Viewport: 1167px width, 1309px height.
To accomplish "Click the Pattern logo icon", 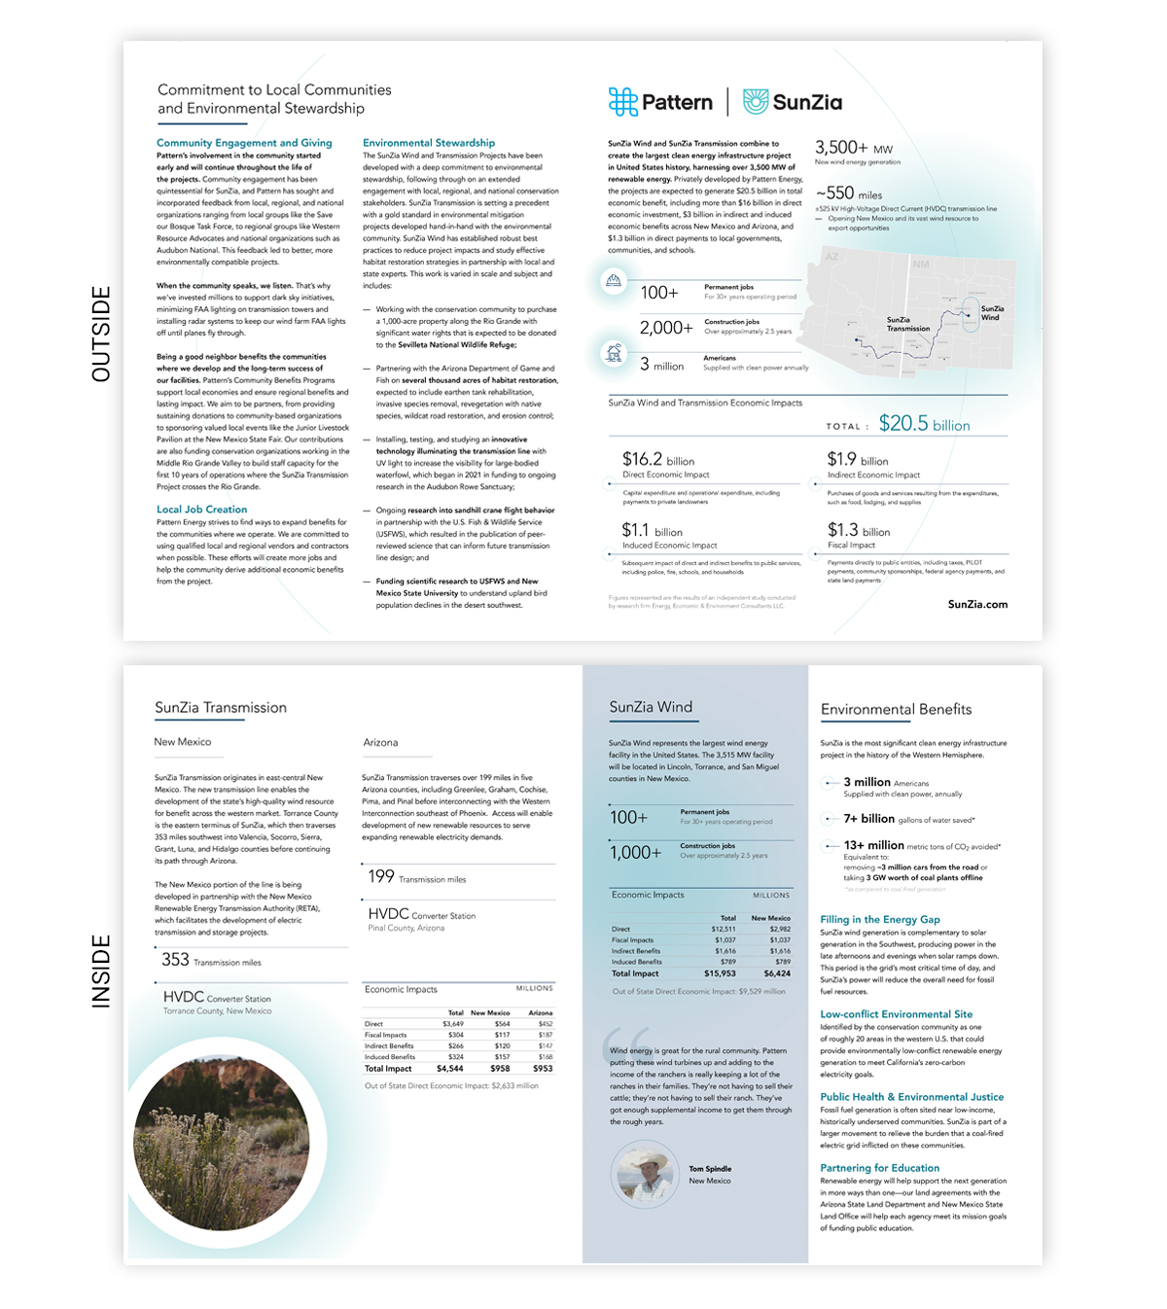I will [622, 101].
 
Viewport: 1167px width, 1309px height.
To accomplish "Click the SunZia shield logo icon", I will [756, 101].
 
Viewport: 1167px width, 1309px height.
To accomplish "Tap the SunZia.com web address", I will [977, 604].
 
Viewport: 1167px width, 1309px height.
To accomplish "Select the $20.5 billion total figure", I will [924, 424].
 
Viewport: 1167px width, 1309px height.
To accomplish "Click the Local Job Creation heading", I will [201, 510].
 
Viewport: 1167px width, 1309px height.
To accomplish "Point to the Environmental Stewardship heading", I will [429, 143].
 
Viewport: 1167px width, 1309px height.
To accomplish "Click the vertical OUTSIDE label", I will [101, 334].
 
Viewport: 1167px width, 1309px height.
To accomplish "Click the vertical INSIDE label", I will [101, 970].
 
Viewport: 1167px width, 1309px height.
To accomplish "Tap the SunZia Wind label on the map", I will [991, 313].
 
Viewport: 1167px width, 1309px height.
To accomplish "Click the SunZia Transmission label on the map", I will [907, 325].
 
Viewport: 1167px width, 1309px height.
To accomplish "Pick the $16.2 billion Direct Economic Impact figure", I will [658, 460].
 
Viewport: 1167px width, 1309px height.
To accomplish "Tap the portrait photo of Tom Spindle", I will [644, 1174].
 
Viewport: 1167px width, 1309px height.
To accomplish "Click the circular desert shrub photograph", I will [221, 1137].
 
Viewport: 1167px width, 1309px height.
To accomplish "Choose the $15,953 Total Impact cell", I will [720, 973].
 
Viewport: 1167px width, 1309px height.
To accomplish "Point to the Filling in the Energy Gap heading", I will [879, 919].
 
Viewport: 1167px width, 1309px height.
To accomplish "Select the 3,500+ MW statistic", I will [853, 149].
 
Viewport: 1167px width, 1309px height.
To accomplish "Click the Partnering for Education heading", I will [879, 1168].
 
